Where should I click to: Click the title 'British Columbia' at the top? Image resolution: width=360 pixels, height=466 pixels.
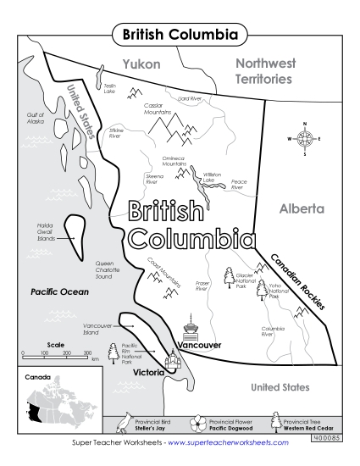180,35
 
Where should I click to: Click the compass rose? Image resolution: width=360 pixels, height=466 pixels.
306,138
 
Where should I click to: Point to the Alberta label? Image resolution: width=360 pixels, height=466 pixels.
301,208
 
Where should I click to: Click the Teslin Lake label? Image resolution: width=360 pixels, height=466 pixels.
109,88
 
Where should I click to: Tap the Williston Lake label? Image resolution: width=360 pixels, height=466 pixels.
208,177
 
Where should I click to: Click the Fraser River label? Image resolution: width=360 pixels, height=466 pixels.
202,286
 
